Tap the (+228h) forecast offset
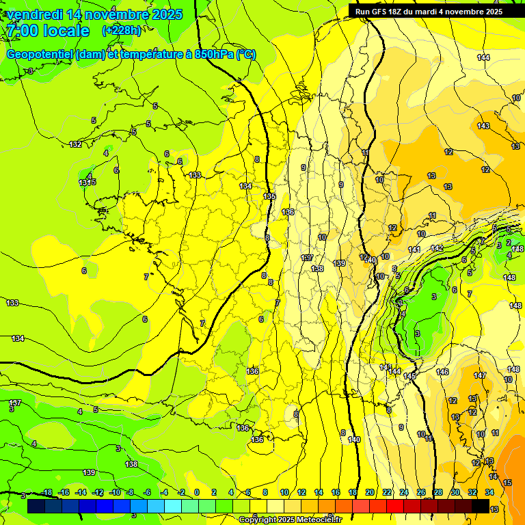122,31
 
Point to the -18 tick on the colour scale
46,492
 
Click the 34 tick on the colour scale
489,492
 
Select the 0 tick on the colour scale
197,492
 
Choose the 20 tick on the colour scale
370,492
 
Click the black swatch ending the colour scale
481,506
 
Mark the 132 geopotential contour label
75,144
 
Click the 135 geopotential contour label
269,196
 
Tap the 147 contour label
480,375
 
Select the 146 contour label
442,372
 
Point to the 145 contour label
409,376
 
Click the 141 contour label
414,250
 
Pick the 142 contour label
437,247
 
